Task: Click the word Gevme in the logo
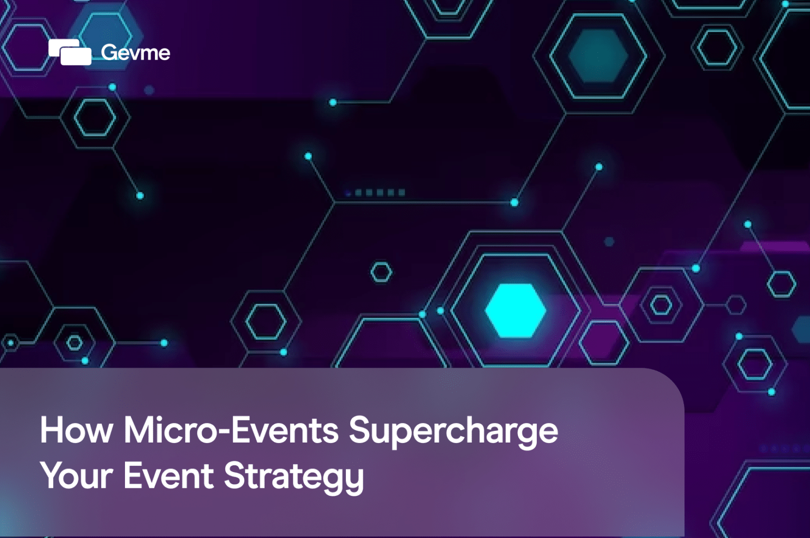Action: click(136, 52)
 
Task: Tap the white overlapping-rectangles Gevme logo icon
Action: click(70, 52)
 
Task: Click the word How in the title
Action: click(76, 430)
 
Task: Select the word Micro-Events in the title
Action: click(231, 430)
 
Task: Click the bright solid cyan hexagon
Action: click(515, 310)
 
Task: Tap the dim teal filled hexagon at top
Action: click(598, 55)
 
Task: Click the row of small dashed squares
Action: click(375, 193)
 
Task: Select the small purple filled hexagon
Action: click(604, 342)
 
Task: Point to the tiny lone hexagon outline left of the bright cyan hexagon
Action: click(381, 272)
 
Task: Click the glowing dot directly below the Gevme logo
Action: click(112, 87)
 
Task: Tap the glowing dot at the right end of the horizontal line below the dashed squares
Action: click(514, 203)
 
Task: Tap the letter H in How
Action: click(52, 430)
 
